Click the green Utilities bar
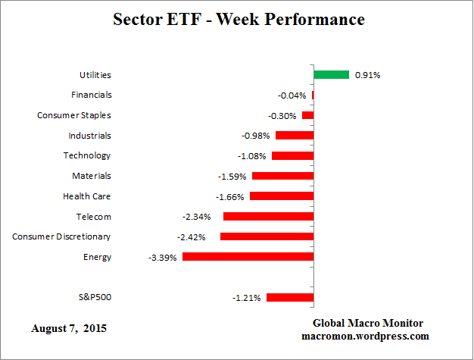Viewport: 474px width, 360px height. point(331,75)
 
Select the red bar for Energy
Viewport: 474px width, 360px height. point(248,257)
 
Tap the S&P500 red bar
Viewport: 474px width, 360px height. point(289,298)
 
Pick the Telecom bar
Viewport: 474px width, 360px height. point(268,217)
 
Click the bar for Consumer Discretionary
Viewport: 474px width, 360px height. point(267,236)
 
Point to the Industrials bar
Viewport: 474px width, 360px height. point(295,136)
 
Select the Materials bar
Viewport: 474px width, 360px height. point(282,176)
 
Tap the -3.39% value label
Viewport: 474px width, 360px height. point(163,257)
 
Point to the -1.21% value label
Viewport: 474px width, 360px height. point(246,298)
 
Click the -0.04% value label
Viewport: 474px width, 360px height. point(292,95)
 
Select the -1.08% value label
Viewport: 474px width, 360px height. point(252,156)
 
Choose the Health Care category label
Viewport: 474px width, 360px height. point(87,196)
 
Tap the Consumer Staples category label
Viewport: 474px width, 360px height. point(74,115)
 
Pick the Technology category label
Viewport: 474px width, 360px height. point(86,155)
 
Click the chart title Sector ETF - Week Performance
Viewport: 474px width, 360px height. point(238,20)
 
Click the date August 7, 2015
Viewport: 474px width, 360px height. point(69,329)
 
